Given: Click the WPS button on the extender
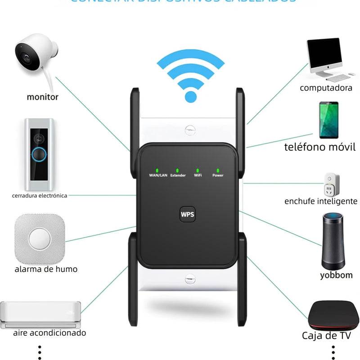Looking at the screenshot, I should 187,214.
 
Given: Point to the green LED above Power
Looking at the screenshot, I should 217,170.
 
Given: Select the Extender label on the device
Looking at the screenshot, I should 178,175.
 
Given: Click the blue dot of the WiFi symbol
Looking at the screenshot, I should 191,96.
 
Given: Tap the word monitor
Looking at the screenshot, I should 43,96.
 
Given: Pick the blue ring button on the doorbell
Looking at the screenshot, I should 39,154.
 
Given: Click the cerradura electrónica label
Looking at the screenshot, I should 40,195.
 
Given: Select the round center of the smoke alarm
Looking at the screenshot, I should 40,238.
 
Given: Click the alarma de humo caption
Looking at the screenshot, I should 46,269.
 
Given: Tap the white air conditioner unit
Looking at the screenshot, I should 40,314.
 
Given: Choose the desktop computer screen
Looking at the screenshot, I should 327,54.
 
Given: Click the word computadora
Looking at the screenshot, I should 326,88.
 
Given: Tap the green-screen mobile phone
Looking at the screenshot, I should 329,121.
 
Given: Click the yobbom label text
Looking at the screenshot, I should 336,275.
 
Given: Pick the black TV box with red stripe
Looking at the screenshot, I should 332,315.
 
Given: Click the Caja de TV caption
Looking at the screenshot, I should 326,335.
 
